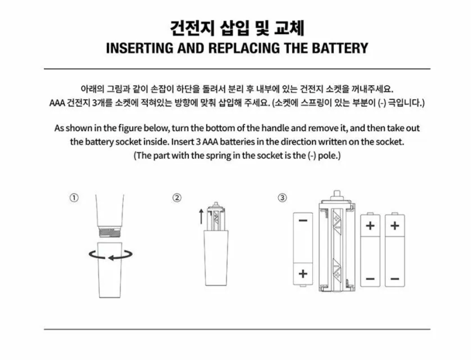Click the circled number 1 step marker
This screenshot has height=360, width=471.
[x=74, y=198]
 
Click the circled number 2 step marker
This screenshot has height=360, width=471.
[x=177, y=198]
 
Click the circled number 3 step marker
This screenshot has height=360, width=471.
[x=282, y=198]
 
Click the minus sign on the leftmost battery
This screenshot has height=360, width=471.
[x=303, y=220]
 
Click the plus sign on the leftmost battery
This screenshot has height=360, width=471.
[x=303, y=273]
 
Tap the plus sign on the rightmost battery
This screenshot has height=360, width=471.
[x=395, y=225]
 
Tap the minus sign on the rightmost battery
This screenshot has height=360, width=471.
[x=395, y=279]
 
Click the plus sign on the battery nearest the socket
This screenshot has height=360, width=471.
[x=370, y=225]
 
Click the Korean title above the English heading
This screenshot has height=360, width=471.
[x=237, y=28]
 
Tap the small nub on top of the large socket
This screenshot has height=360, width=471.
[x=335, y=194]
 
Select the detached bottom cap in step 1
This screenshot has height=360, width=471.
[x=111, y=270]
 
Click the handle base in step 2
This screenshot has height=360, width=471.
[x=216, y=258]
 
